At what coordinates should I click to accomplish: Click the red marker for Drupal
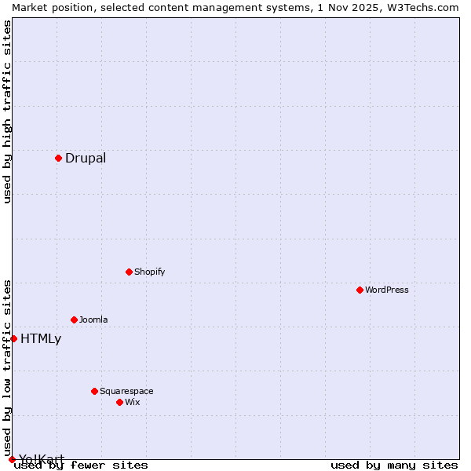coord(58,158)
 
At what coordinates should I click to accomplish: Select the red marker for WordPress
coord(360,290)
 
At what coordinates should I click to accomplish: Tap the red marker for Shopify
coord(129,272)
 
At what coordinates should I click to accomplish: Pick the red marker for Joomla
coord(74,319)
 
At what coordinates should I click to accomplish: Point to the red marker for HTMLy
coord(13,338)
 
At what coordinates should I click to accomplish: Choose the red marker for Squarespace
coord(94,391)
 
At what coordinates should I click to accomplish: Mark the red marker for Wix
coord(119,402)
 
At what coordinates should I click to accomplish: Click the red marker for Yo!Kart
coord(12,459)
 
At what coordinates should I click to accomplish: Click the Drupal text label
coord(86,158)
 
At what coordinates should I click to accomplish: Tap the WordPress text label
coord(387,290)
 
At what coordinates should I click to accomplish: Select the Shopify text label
coord(149,272)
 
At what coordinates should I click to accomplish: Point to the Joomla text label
coord(93,319)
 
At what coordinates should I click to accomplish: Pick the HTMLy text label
coord(41,339)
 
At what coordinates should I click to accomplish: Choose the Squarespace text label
coord(126,391)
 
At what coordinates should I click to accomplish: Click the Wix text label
coord(132,402)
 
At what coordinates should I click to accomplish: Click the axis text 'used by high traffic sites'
coord(7,112)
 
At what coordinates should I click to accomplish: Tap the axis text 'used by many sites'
coord(394,466)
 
